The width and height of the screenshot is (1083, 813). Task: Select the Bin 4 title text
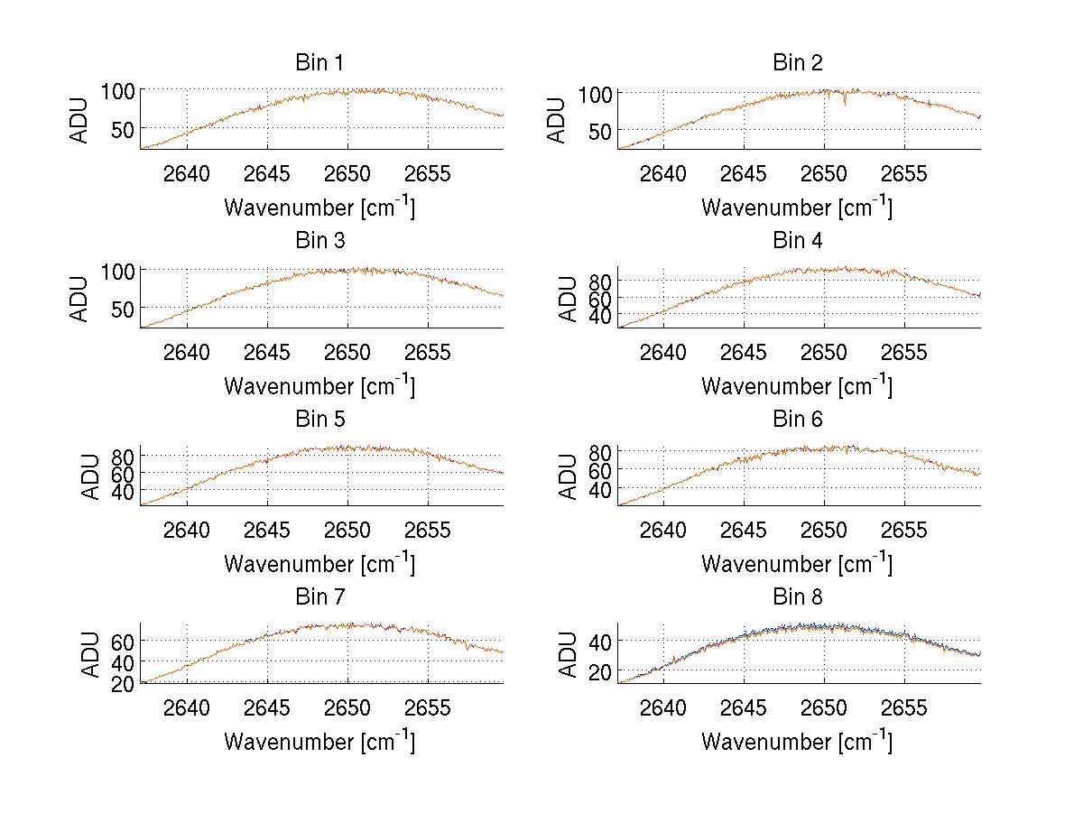[797, 241]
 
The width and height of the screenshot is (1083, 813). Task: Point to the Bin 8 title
[797, 597]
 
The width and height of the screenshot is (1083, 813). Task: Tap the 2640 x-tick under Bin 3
[187, 351]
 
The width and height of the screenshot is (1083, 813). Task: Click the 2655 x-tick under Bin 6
[904, 530]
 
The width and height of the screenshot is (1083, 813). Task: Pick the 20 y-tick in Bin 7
[124, 683]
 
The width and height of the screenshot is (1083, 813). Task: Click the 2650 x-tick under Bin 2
[824, 173]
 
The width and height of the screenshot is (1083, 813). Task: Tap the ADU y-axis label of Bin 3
[80, 298]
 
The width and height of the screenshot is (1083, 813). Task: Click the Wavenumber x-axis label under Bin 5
[319, 564]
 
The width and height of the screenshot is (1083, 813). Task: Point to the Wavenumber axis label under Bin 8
[797, 742]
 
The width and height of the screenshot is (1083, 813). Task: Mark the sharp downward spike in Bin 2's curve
[845, 102]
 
